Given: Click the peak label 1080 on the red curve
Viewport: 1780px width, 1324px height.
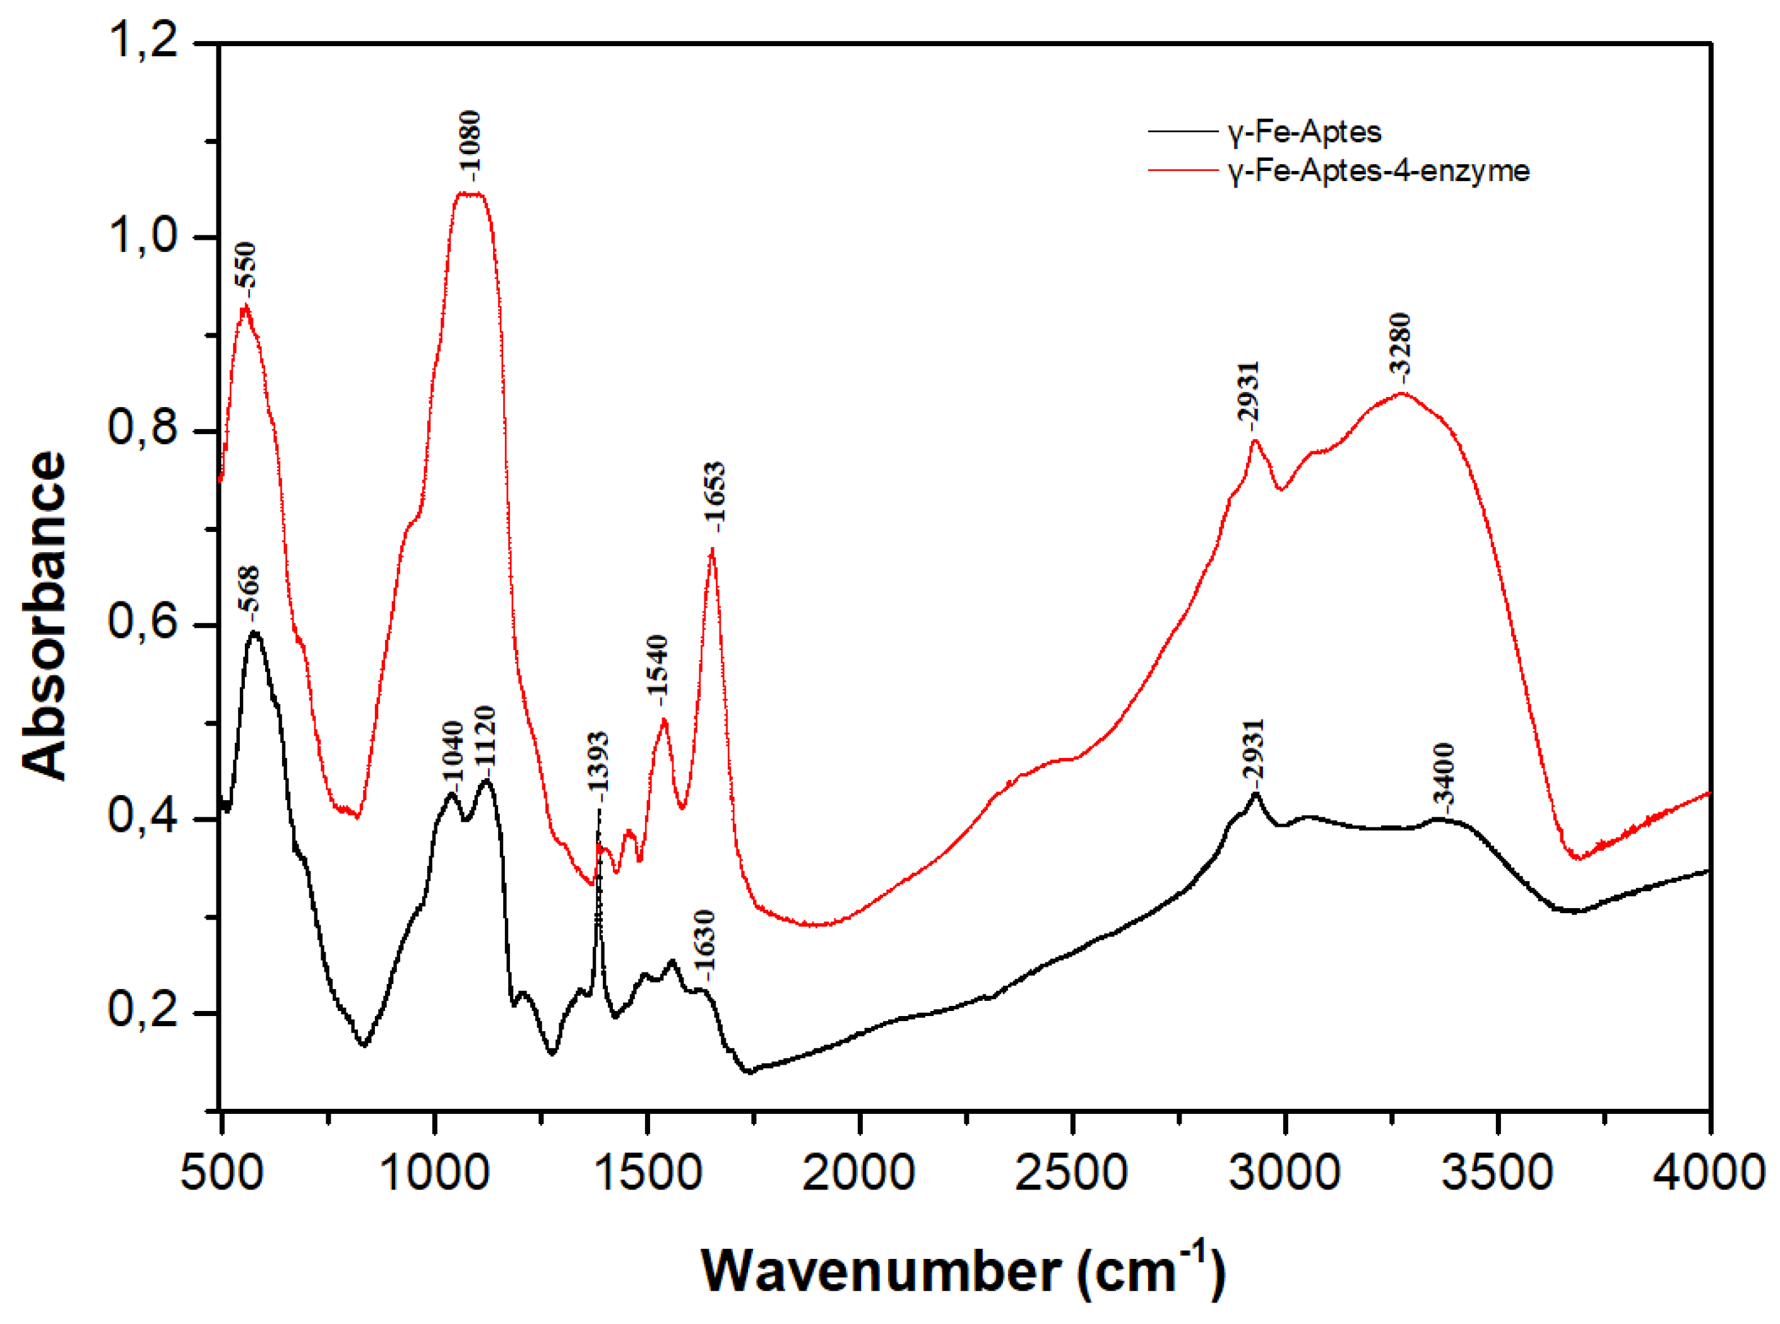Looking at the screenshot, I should (x=470, y=145).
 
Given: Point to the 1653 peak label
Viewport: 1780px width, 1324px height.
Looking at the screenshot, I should (x=714, y=496).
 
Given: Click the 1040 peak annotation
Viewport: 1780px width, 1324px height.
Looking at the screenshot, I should (x=453, y=752).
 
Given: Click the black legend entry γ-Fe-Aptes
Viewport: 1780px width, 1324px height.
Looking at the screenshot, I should (x=1304, y=131).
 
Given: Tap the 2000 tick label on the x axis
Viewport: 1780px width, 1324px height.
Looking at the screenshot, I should (x=858, y=1173).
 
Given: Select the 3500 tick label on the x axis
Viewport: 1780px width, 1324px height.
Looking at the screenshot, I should (x=1497, y=1173).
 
